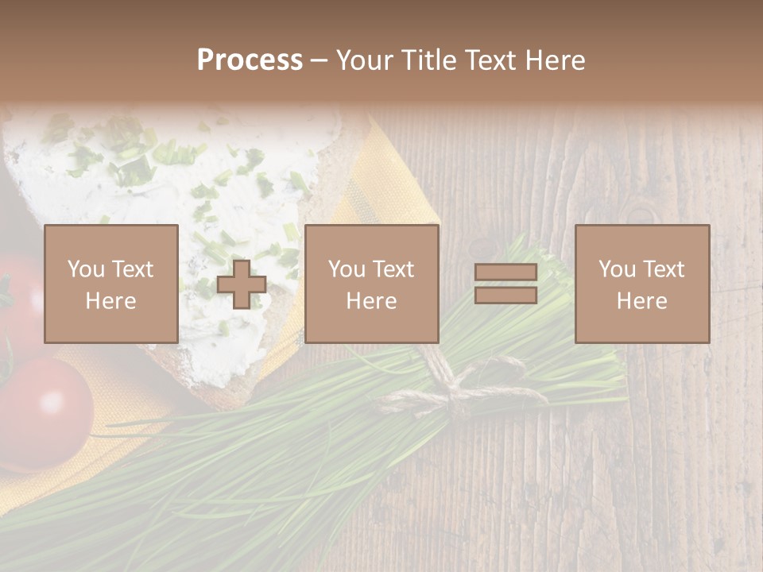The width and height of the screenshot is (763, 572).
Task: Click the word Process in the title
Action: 250,60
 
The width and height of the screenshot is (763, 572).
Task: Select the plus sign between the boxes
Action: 242,284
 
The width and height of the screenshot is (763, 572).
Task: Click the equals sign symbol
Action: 505,284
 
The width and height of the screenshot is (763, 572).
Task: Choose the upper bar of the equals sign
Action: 505,272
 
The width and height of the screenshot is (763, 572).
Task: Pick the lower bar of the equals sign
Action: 505,296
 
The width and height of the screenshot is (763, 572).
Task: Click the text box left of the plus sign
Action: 111,284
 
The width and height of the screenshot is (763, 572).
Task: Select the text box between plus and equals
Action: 372,284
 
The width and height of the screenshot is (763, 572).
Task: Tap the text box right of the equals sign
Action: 642,284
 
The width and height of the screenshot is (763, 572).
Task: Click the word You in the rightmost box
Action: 617,269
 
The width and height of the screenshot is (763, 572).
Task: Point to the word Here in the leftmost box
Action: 111,301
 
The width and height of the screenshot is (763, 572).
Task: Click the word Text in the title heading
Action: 486,60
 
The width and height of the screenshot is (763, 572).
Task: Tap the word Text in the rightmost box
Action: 664,269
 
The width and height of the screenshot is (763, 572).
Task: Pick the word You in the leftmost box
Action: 86,269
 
